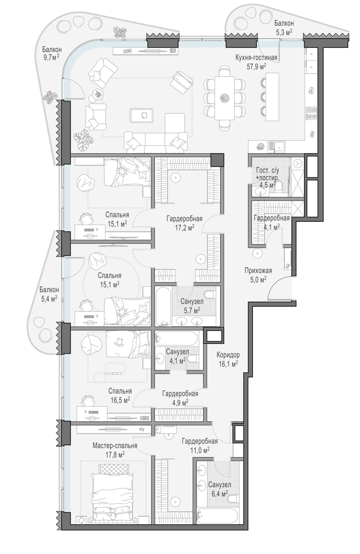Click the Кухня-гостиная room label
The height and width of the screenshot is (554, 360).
pos(256,58)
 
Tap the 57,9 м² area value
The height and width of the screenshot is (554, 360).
pos(256,66)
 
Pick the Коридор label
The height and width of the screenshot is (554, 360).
pos(228,355)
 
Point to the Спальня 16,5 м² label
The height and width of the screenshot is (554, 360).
pos(120,396)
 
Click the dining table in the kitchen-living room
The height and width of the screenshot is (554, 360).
pos(224,98)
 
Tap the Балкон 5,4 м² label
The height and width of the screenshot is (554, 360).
pos(49,294)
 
